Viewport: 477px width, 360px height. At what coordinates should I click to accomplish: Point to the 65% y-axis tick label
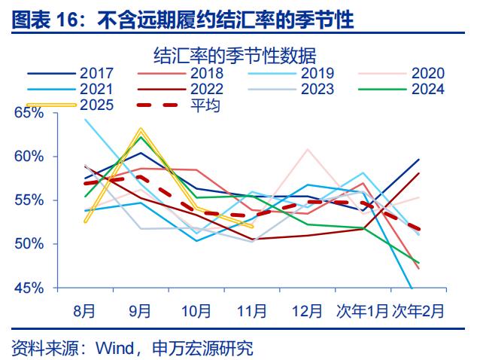pyautogui.click(x=29, y=113)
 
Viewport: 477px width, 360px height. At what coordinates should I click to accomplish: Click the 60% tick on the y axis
pyautogui.click(x=29, y=157)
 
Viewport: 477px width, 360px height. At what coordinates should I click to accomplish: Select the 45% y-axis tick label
pyautogui.click(x=29, y=288)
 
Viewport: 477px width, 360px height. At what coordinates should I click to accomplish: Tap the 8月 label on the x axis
pyautogui.click(x=85, y=310)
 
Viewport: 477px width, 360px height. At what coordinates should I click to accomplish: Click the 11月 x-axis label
pyautogui.click(x=251, y=310)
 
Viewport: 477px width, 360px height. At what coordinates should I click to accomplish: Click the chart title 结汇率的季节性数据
pyautogui.click(x=233, y=55)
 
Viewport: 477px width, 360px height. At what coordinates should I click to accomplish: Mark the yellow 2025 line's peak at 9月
pyautogui.click(x=141, y=130)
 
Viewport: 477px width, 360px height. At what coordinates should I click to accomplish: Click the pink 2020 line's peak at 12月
pyautogui.click(x=307, y=149)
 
